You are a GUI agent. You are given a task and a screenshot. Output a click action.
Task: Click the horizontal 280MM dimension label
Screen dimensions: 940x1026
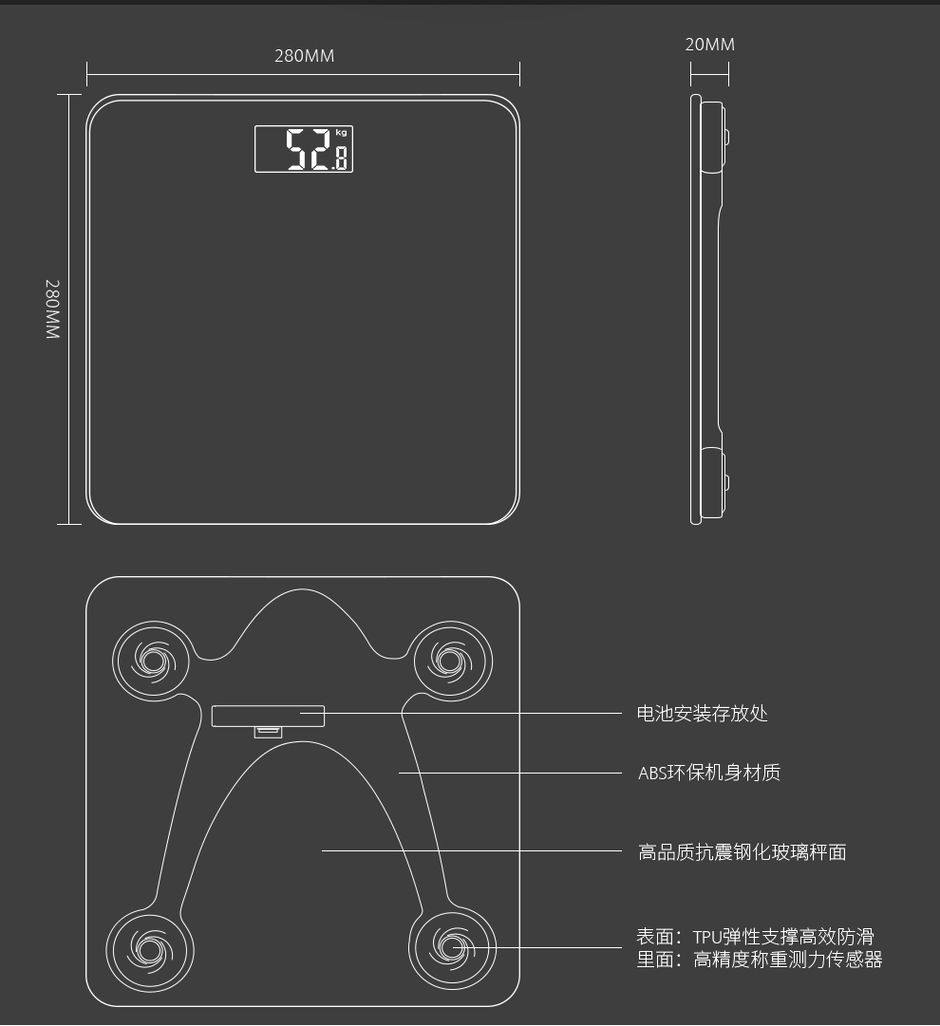pos(304,56)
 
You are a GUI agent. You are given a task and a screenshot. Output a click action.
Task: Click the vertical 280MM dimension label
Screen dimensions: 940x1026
pos(52,309)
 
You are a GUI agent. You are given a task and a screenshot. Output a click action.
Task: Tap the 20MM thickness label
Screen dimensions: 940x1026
pos(709,45)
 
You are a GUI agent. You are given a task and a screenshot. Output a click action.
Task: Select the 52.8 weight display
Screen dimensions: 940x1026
pos(304,149)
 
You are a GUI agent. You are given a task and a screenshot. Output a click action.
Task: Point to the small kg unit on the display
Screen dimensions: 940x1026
pos(341,133)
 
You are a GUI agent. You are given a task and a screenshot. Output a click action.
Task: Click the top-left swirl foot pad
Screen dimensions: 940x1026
pos(152,657)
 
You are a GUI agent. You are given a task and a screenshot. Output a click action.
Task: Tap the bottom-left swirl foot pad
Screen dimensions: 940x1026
pos(149,947)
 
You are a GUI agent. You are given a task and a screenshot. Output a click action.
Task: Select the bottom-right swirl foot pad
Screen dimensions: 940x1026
pos(453,947)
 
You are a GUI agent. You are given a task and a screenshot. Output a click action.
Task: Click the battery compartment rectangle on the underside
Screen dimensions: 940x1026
pos(268,716)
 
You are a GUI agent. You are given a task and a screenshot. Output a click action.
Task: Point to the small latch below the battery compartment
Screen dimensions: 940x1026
pos(268,731)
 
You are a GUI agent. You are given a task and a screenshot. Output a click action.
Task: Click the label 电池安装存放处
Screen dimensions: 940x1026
pos(702,714)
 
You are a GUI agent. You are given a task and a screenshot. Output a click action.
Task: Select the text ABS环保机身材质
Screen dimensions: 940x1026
pos(708,773)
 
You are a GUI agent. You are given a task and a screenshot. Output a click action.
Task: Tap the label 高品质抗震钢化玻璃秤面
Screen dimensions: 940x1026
pos(742,852)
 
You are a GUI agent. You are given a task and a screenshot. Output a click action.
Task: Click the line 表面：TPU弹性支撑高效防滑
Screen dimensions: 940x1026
pos(754,938)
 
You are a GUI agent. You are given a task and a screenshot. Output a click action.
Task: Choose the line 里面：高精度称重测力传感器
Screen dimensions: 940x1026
pos(759,960)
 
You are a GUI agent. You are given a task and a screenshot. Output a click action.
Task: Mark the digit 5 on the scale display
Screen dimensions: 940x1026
pos(297,150)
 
